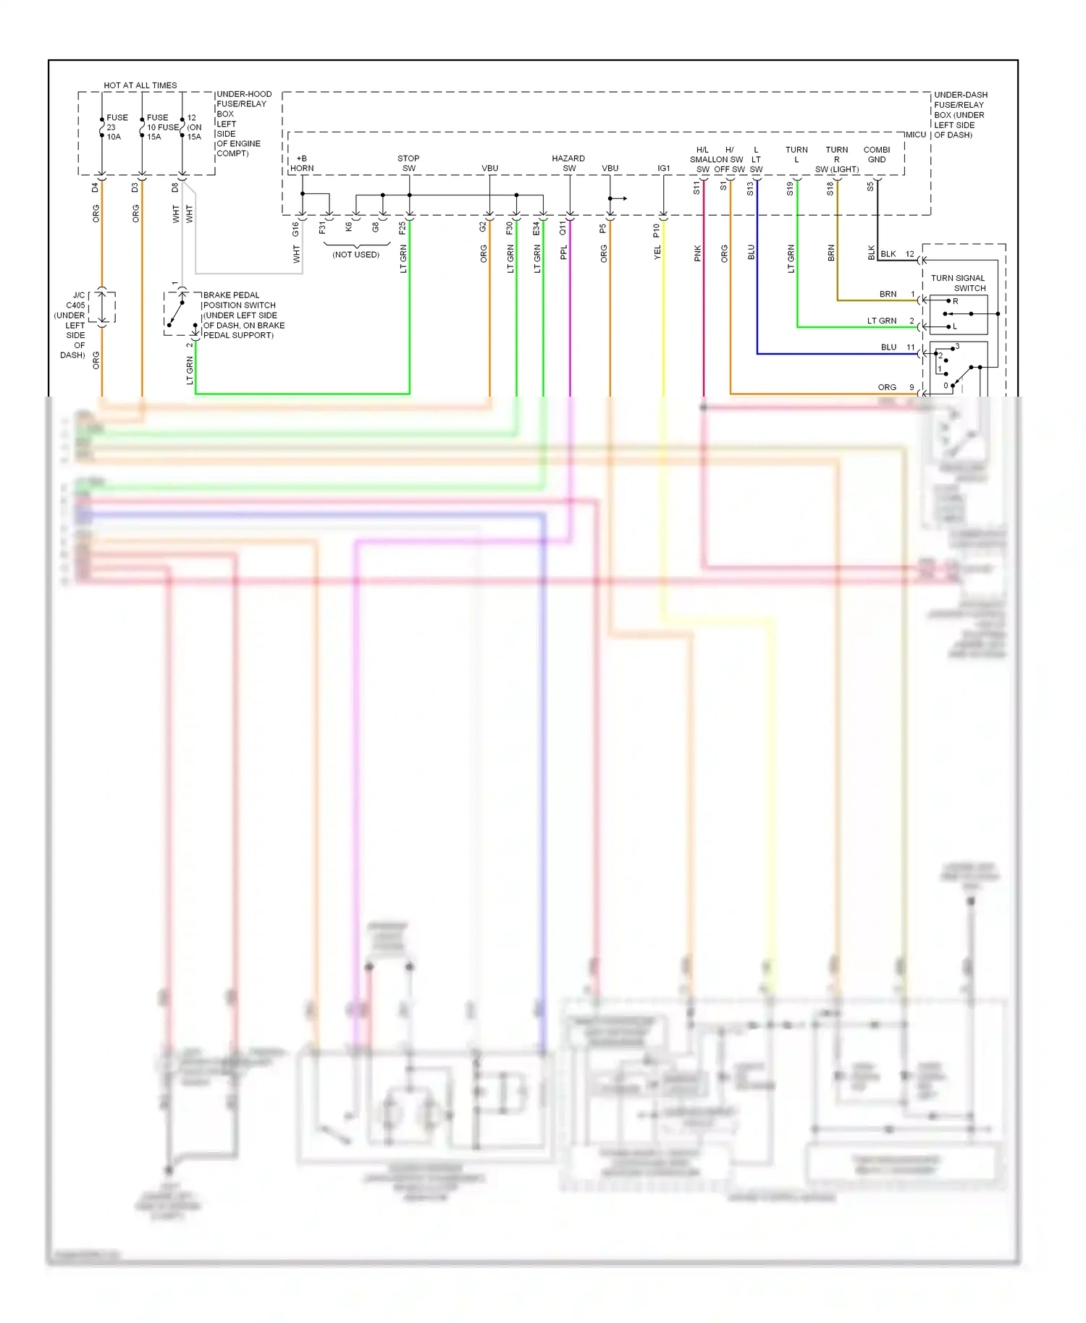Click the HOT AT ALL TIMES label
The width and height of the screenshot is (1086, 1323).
tap(140, 85)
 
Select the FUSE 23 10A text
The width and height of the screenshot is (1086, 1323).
tap(116, 127)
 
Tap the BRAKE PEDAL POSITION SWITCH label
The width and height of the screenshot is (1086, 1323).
tap(243, 315)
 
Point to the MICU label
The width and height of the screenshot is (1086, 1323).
tap(915, 135)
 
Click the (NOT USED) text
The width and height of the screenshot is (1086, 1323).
tap(355, 255)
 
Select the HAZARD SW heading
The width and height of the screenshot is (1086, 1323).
tap(568, 163)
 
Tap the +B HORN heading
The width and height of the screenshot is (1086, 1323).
tap(301, 163)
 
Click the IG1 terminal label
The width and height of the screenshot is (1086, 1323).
tap(663, 168)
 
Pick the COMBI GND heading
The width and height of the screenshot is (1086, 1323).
tap(876, 154)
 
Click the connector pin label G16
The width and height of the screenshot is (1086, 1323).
tap(295, 229)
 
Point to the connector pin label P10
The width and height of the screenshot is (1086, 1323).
tap(657, 230)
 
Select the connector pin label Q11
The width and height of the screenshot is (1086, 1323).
tap(563, 229)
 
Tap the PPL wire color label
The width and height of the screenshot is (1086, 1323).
tap(563, 253)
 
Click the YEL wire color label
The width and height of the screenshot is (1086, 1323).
tap(657, 253)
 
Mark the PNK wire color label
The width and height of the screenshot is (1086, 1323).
tap(697, 253)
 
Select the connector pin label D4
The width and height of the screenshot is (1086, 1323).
tap(95, 187)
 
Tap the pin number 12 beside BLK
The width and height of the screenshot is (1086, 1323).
tap(909, 254)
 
